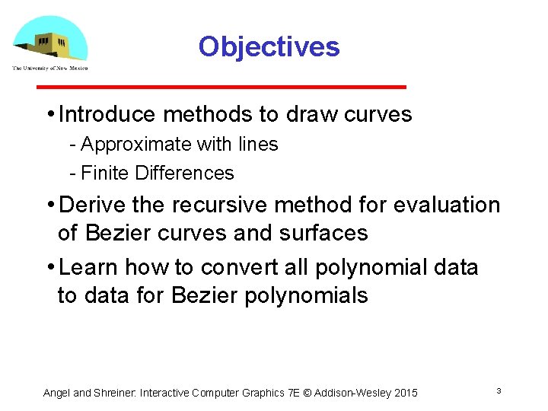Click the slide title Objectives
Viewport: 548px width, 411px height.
pyautogui.click(x=269, y=47)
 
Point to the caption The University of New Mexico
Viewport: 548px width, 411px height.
pyautogui.click(x=50, y=68)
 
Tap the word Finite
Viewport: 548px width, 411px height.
pyautogui.click(x=105, y=173)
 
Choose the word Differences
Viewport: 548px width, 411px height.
pyautogui.click(x=184, y=173)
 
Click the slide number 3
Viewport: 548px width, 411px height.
pyautogui.click(x=499, y=391)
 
